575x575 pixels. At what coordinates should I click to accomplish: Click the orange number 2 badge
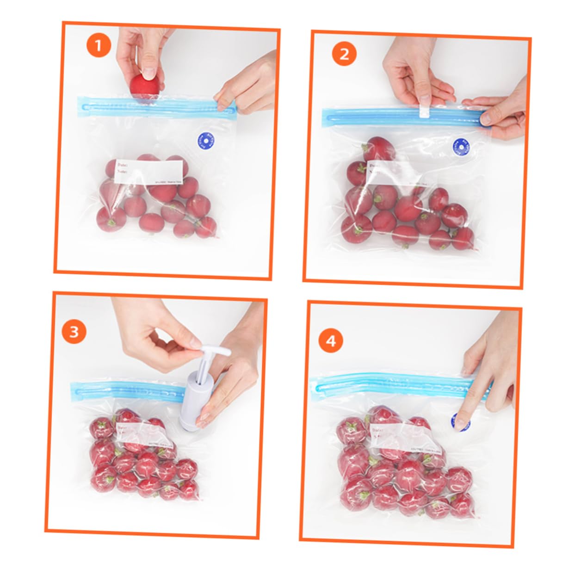pyautogui.click(x=344, y=54)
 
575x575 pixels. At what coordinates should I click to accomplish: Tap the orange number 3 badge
pyautogui.click(x=74, y=332)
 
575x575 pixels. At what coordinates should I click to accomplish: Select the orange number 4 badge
pyautogui.click(x=331, y=341)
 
